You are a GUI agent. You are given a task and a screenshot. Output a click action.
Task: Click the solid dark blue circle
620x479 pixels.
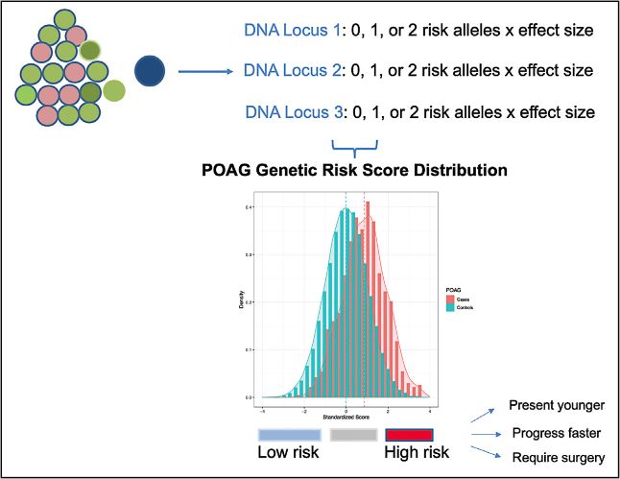tap(152, 71)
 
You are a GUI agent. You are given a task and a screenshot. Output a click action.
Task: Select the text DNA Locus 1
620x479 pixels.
tap(293, 31)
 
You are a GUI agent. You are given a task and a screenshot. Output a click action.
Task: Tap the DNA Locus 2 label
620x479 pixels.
tap(293, 71)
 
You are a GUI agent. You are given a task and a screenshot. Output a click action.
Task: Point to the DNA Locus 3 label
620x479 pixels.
tap(293, 112)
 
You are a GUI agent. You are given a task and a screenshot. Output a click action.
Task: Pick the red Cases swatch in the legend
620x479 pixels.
tap(450, 299)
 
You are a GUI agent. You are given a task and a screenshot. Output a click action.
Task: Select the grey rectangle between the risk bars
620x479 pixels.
tap(355, 435)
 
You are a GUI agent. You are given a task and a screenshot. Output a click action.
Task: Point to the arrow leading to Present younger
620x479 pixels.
tap(485, 414)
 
